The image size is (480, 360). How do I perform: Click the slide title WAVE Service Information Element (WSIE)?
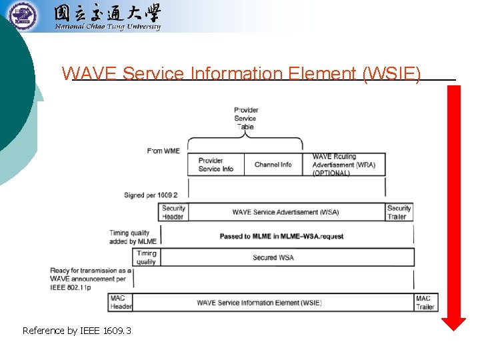(x=241, y=73)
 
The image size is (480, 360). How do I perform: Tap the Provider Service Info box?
(x=216, y=165)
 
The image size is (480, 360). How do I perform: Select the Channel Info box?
(x=273, y=165)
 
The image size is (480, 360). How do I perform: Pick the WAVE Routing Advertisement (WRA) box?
(x=347, y=165)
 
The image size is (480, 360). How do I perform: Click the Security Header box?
(x=173, y=212)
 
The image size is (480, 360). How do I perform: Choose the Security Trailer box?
(x=399, y=212)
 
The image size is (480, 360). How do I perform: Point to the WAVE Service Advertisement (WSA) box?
(x=285, y=212)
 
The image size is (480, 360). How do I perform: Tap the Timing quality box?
(x=146, y=257)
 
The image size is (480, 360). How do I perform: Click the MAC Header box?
(x=120, y=302)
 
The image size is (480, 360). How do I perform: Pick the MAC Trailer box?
(x=425, y=302)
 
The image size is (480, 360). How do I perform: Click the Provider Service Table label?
(x=246, y=119)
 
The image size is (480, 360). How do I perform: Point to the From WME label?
(x=163, y=151)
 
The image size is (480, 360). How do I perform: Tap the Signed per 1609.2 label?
(x=151, y=195)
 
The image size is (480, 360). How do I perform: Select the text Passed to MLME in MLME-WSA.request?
(x=281, y=237)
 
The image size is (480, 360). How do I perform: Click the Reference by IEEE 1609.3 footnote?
(x=77, y=330)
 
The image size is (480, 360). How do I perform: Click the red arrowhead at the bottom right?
(x=454, y=324)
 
